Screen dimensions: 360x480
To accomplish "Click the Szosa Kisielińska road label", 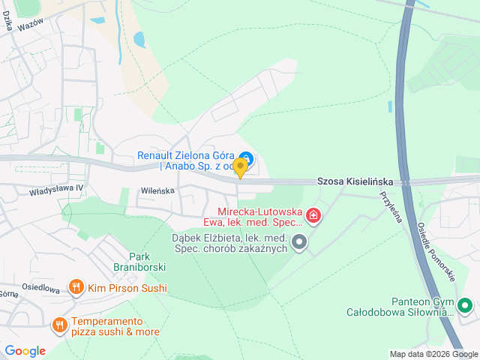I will click(355, 181).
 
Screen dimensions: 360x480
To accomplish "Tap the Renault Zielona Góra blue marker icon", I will click(247, 158).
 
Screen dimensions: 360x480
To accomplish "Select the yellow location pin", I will click(240, 167).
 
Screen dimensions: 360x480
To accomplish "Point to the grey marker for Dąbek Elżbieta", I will click(299, 241).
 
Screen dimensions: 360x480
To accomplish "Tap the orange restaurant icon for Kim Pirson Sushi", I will click(76, 287).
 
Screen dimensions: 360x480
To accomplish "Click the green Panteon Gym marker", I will click(464, 306).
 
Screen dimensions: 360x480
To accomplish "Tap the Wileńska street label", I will click(157, 190).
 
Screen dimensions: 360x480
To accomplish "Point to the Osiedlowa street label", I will click(40, 288).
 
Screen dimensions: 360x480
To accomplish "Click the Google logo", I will click(25, 350).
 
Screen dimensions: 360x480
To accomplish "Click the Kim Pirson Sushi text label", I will click(127, 287).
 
